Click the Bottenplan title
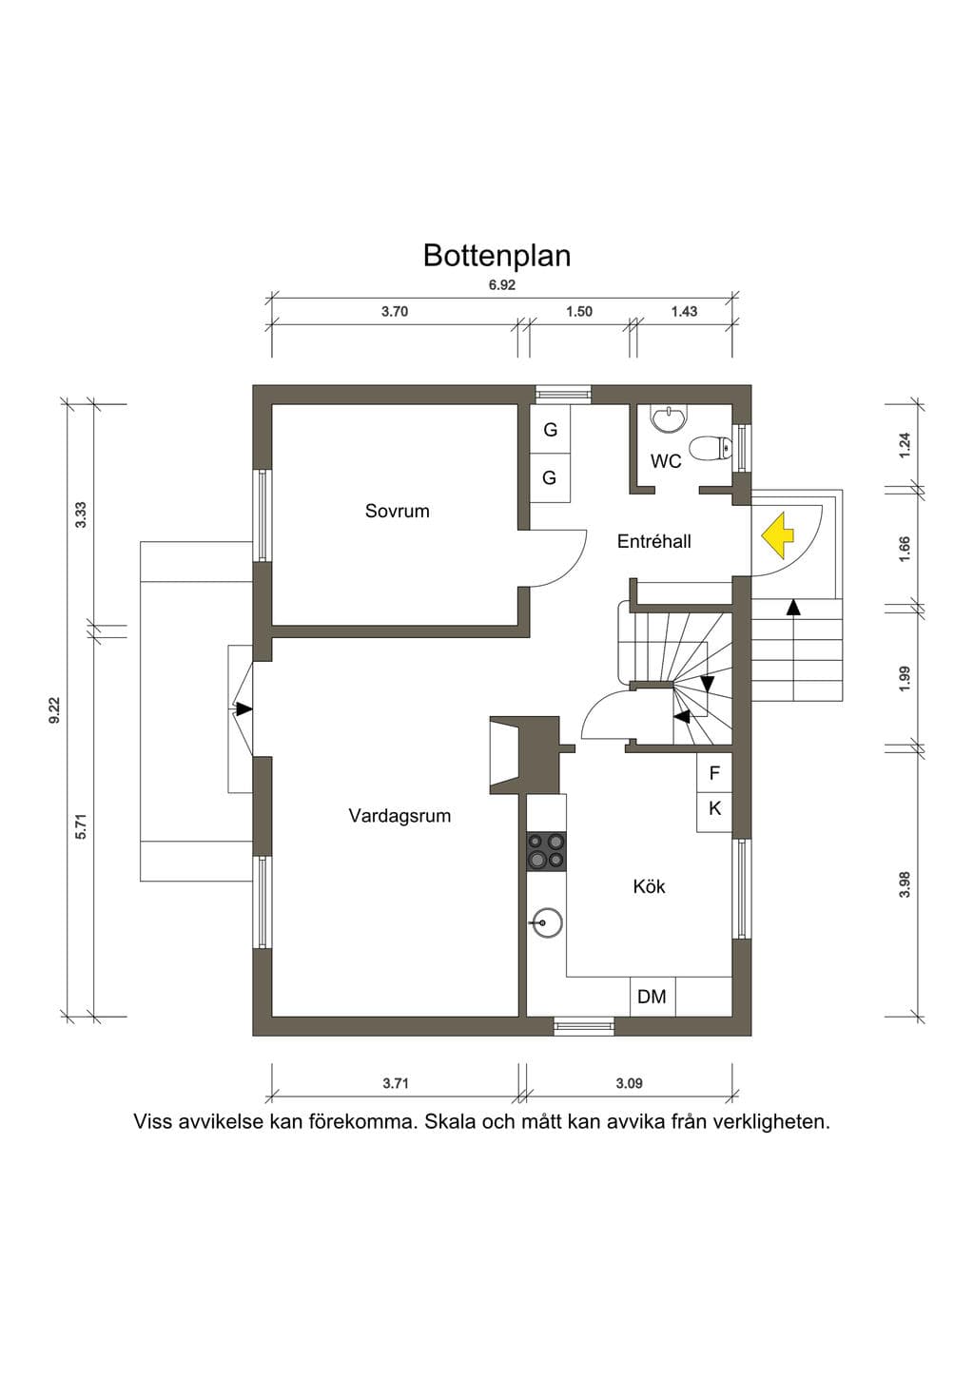pos(497,256)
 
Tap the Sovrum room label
pos(398,511)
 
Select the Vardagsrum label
pos(399,816)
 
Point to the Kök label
pos(649,886)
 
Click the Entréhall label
pos(654,541)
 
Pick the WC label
pos(666,461)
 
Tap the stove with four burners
pos(546,851)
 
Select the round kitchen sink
pos(546,922)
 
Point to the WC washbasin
pos(667,420)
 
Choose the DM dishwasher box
pos(653,997)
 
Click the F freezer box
pos(714,773)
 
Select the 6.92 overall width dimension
pos(502,285)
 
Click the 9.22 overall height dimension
pos(55,710)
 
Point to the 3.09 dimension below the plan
pos(629,1082)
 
